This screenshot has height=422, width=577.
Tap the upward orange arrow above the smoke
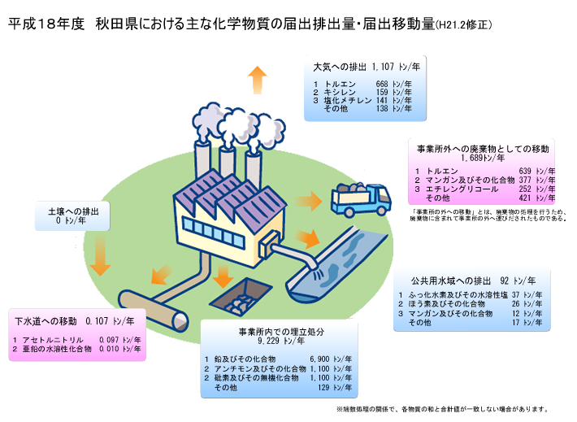tap(257, 80)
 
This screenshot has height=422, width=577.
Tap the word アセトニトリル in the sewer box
tap(50, 339)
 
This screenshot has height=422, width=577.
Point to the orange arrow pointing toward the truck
tap(309, 201)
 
